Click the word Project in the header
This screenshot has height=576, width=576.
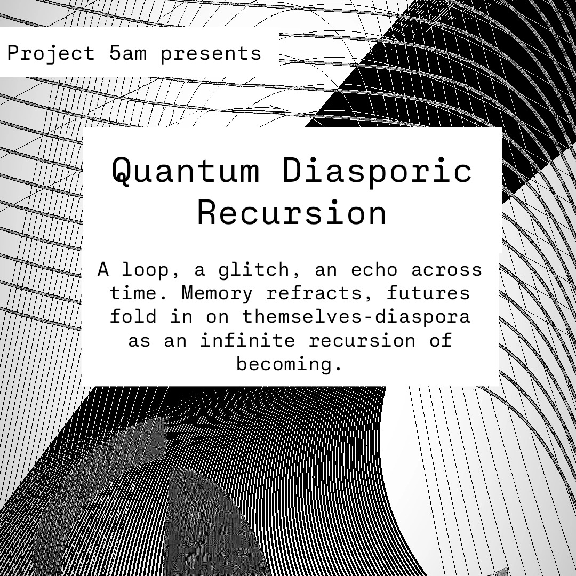[51, 54]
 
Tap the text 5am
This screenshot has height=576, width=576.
[128, 53]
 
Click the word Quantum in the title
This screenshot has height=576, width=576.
[186, 171]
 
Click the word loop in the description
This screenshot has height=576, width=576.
[146, 270]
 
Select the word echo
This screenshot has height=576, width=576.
[374, 270]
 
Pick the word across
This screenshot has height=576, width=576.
[447, 270]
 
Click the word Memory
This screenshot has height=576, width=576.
[217, 293]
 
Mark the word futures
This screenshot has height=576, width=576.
[428, 293]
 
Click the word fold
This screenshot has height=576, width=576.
[133, 317]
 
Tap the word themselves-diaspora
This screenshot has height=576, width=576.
[356, 317]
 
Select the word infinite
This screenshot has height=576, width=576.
[247, 340]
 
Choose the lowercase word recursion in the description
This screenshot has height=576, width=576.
[362, 341]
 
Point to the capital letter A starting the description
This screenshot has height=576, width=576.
[103, 269]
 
